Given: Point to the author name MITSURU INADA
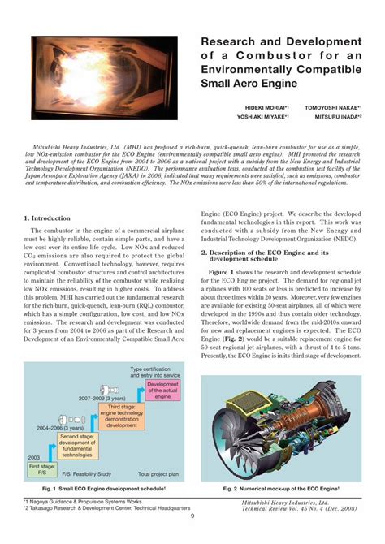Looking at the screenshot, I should [x=335, y=116].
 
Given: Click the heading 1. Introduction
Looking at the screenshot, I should [x=47, y=218].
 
